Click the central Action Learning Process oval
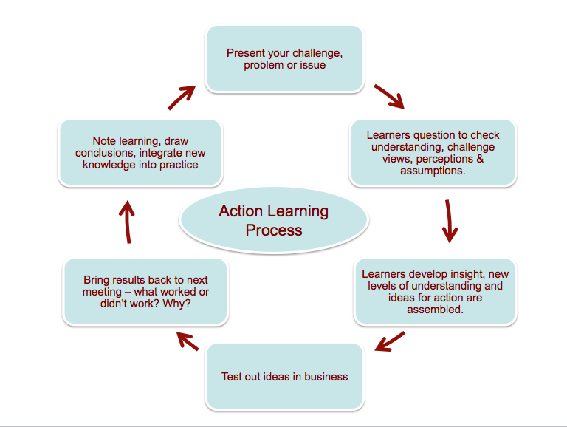(x=273, y=220)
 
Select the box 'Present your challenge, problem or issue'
(x=285, y=59)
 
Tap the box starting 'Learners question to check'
(x=433, y=153)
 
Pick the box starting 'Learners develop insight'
(x=435, y=292)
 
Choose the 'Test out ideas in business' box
(x=285, y=377)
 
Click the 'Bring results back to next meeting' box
(x=145, y=291)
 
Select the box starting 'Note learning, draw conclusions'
(x=140, y=153)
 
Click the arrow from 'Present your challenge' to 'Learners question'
(x=389, y=97)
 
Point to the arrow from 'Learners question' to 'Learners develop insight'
(x=448, y=220)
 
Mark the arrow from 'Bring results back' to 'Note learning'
(x=127, y=221)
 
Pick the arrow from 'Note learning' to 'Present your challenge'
(x=182, y=97)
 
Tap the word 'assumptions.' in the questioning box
(x=433, y=171)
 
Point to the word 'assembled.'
(x=435, y=310)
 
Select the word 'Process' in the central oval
(x=274, y=230)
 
